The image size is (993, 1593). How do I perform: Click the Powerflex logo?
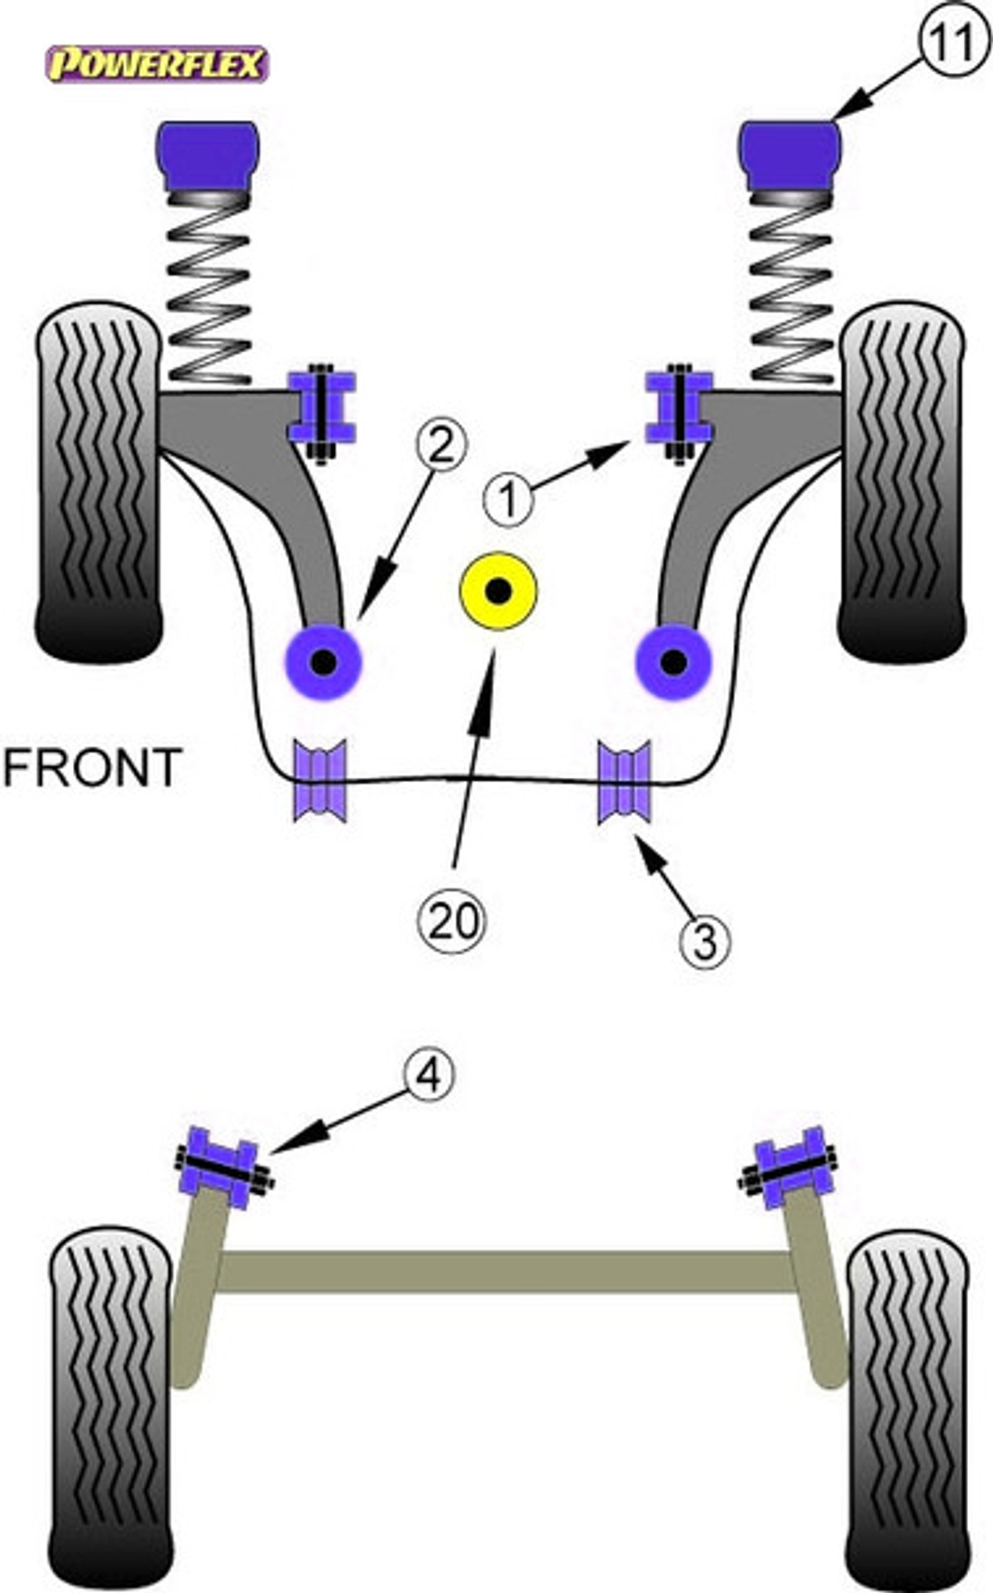pos(157,65)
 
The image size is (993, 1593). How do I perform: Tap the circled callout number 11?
pos(949,43)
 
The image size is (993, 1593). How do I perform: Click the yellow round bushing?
pos(498,591)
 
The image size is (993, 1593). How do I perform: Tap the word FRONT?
pos(91,767)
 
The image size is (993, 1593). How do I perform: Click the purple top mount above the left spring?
pos(208,156)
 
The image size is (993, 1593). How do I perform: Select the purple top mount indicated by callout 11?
pos(790,156)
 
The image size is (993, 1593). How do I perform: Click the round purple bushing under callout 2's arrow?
pos(324,661)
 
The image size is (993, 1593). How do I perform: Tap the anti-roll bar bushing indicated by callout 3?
pos(625,782)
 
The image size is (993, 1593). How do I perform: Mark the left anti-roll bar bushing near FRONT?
pos(320,781)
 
